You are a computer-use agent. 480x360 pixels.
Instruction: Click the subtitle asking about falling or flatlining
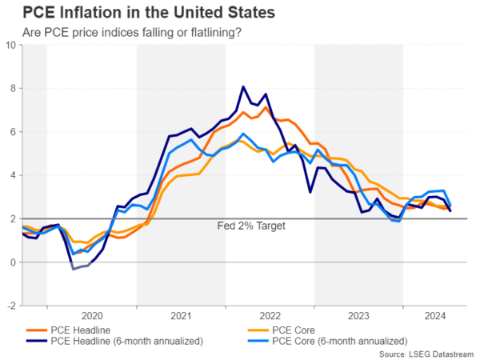point(131,32)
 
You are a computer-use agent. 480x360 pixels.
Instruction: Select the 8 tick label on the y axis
point(12,88)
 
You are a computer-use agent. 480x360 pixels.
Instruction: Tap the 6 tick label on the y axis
point(12,131)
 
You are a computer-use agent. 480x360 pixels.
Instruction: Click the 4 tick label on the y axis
point(12,175)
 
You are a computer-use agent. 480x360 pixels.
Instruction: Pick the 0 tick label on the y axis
point(12,262)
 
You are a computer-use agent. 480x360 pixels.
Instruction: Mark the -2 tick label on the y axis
point(10,306)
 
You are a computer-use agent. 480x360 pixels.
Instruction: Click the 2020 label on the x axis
point(91,315)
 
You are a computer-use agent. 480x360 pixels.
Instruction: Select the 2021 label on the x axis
point(180,315)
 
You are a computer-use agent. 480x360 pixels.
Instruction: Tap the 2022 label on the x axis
point(269,315)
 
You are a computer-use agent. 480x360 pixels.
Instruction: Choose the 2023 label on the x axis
point(358,315)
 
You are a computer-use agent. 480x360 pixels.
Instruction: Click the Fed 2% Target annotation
point(251,226)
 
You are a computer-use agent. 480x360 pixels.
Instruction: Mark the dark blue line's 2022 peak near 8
point(243,86)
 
